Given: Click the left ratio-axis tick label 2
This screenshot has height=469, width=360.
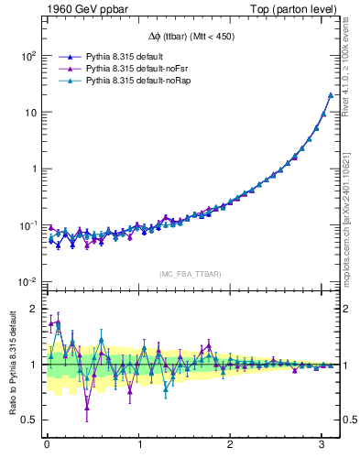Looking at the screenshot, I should coord(32,309).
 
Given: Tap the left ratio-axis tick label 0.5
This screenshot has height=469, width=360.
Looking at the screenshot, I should coord(28,420).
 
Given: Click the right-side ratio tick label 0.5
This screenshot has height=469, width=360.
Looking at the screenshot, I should coord(350,420).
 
